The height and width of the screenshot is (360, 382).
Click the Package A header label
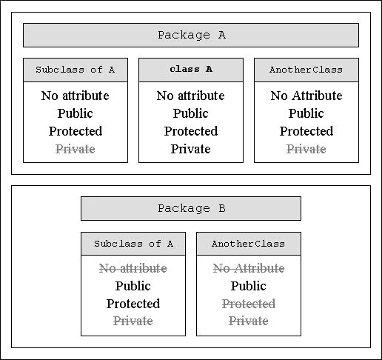tap(192, 35)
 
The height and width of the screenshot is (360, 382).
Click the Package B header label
tap(192, 208)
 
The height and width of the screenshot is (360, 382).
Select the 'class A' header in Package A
tap(191, 69)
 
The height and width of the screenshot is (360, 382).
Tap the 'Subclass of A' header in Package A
tap(76, 70)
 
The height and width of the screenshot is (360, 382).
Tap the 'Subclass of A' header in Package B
tap(133, 244)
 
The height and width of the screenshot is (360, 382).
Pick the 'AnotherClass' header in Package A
tap(306, 70)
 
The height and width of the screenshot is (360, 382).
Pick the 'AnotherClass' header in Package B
tap(248, 244)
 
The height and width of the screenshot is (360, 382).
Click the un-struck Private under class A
tap(191, 149)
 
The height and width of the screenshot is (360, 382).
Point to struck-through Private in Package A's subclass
tap(76, 149)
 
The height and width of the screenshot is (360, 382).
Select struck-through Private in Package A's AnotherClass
tap(306, 149)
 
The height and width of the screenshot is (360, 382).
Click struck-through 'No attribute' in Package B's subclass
tap(133, 268)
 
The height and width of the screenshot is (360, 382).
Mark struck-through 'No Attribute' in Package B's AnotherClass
tap(249, 268)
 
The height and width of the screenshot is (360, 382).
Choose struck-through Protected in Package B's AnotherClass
tap(249, 304)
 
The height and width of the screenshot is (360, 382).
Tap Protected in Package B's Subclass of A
tap(133, 304)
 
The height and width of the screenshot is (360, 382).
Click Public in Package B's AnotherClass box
tap(249, 286)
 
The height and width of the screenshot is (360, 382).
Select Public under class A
tap(191, 113)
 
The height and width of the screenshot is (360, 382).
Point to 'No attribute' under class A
tap(191, 96)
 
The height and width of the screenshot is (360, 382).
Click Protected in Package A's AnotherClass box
tap(306, 131)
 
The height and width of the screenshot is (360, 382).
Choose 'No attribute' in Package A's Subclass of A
tap(76, 96)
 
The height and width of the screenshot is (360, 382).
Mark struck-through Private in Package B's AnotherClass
tap(249, 321)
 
